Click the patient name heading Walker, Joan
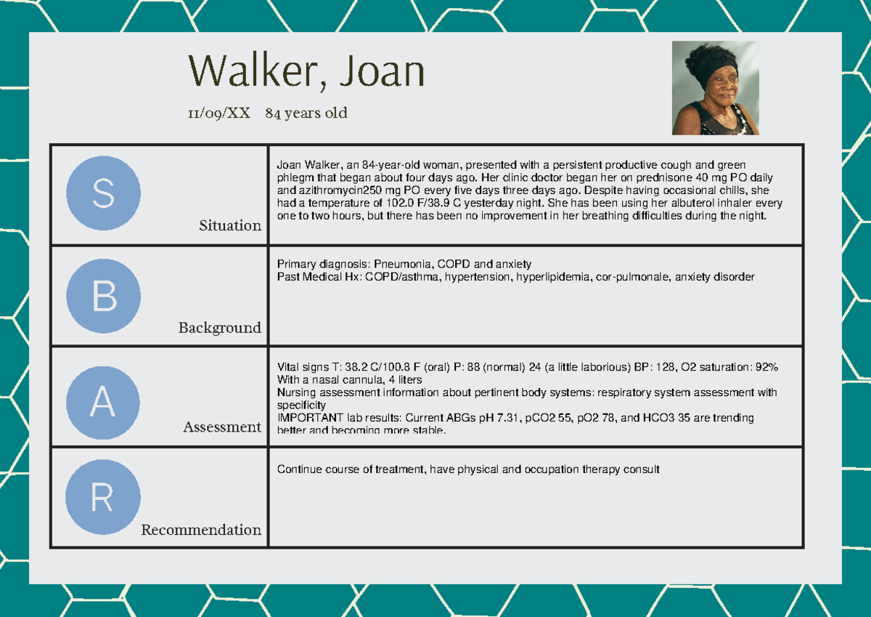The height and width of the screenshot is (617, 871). (306, 72)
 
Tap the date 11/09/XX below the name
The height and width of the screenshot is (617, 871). (218, 113)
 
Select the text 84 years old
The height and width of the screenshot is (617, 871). (306, 113)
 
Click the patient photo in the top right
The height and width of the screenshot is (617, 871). (715, 88)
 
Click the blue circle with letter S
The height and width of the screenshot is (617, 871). (103, 193)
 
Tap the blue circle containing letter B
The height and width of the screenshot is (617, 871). (103, 297)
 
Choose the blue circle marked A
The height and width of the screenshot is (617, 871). (102, 402)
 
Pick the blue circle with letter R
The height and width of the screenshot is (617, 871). (102, 498)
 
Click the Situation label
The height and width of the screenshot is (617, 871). (230, 226)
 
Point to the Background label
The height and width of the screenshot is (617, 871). (220, 328)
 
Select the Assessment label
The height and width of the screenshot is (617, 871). (222, 427)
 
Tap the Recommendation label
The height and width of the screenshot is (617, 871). (201, 530)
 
